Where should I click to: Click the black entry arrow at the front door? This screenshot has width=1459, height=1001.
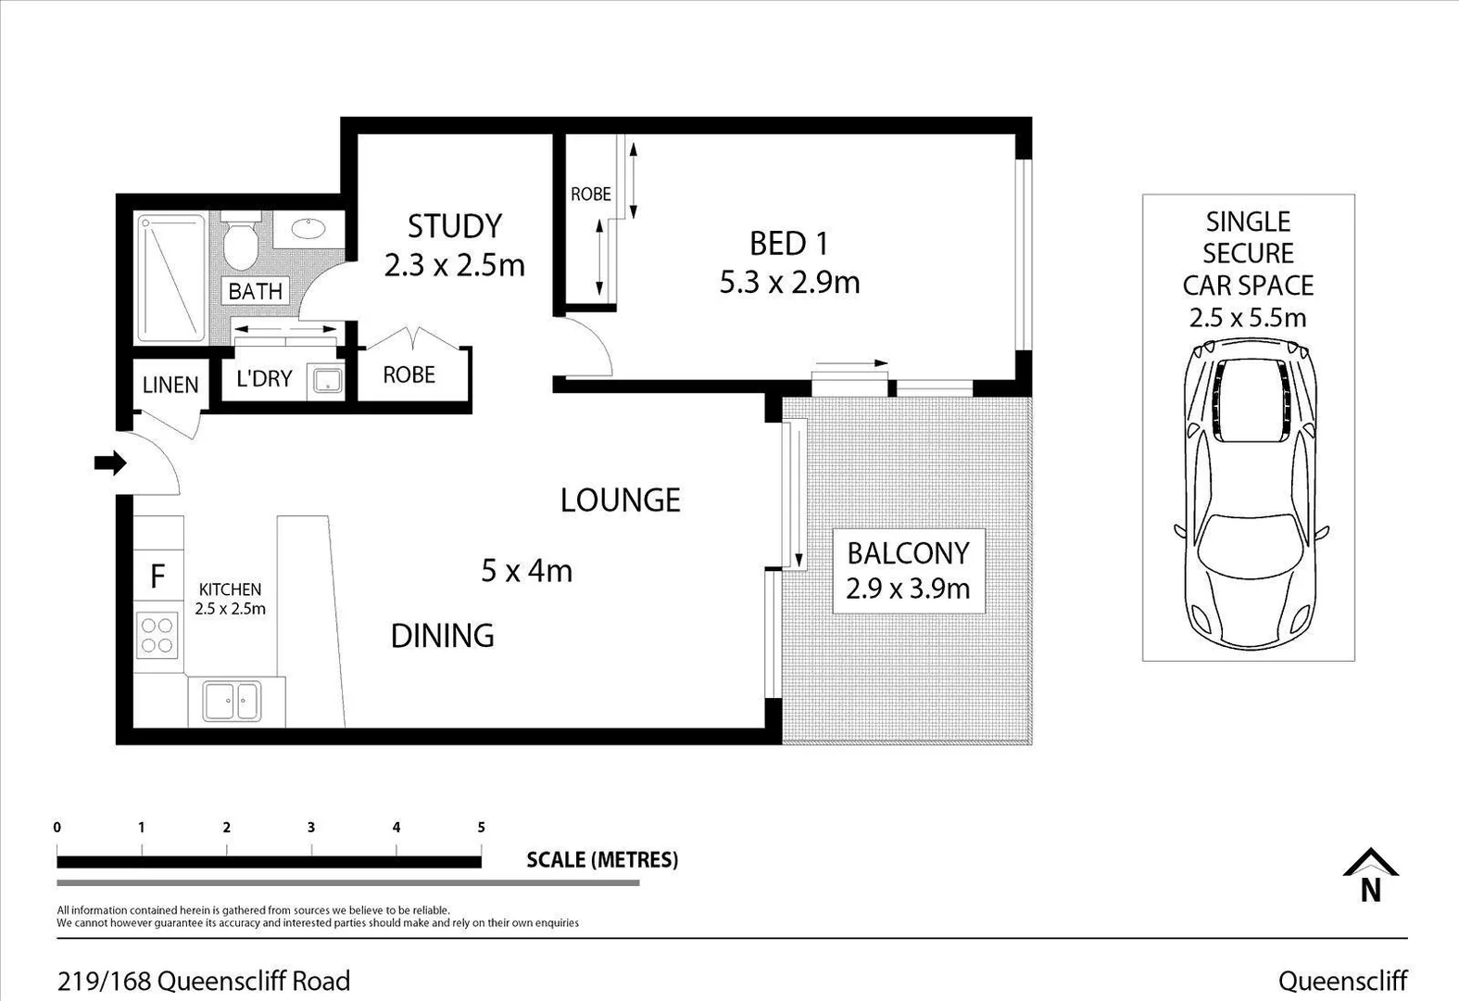tap(110, 462)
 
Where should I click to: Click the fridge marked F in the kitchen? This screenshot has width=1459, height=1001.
tap(157, 576)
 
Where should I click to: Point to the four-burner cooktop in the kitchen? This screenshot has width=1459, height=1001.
tap(157, 635)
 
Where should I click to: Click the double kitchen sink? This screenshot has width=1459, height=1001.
tap(232, 702)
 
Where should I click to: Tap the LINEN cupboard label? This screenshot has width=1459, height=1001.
tap(170, 385)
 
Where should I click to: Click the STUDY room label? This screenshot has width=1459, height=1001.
tap(455, 226)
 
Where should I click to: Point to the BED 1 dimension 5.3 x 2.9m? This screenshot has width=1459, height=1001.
tap(789, 282)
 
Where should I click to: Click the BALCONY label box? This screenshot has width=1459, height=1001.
tap(908, 570)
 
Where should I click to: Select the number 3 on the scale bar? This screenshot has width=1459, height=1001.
tap(311, 828)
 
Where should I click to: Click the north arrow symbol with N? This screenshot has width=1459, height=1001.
tap(1371, 876)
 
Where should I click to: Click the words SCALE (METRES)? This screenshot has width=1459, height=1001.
tap(602, 860)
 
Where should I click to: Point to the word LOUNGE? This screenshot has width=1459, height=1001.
tap(620, 500)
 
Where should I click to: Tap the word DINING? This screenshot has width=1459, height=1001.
tap(442, 636)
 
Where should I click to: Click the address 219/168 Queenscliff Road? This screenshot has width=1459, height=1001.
tap(204, 981)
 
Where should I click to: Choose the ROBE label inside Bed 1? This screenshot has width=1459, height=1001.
tap(590, 195)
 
